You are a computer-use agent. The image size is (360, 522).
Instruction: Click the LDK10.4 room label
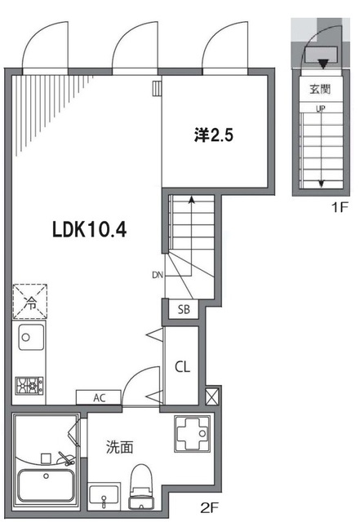[x=89, y=230]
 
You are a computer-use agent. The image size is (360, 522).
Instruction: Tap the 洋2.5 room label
[x=214, y=135]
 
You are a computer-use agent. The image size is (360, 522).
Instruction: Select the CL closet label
[x=182, y=367]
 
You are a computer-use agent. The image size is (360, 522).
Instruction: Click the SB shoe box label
[x=184, y=309]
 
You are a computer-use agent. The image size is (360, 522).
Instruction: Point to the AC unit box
[x=99, y=397]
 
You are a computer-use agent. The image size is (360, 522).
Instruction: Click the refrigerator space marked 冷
[x=30, y=302]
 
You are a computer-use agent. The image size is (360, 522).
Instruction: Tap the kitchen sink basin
[x=31, y=337]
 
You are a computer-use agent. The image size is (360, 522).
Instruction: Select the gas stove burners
[x=29, y=386]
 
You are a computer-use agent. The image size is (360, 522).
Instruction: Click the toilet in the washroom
[x=140, y=487]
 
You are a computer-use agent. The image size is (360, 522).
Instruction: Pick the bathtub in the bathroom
[x=46, y=486]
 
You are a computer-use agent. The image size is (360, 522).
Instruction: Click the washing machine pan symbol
[x=192, y=433]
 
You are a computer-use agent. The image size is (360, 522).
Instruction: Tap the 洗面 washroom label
[x=119, y=447]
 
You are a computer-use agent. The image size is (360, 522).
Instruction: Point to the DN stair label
[x=158, y=276]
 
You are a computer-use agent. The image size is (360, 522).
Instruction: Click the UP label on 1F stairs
[x=321, y=108]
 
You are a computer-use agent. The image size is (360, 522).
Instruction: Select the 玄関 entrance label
[x=320, y=89]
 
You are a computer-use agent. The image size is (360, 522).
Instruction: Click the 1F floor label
[x=340, y=208]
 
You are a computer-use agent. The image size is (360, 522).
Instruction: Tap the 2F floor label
[x=209, y=508]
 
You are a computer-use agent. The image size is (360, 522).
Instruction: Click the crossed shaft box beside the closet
[x=212, y=396]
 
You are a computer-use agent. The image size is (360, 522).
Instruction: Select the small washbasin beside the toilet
[x=104, y=496]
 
